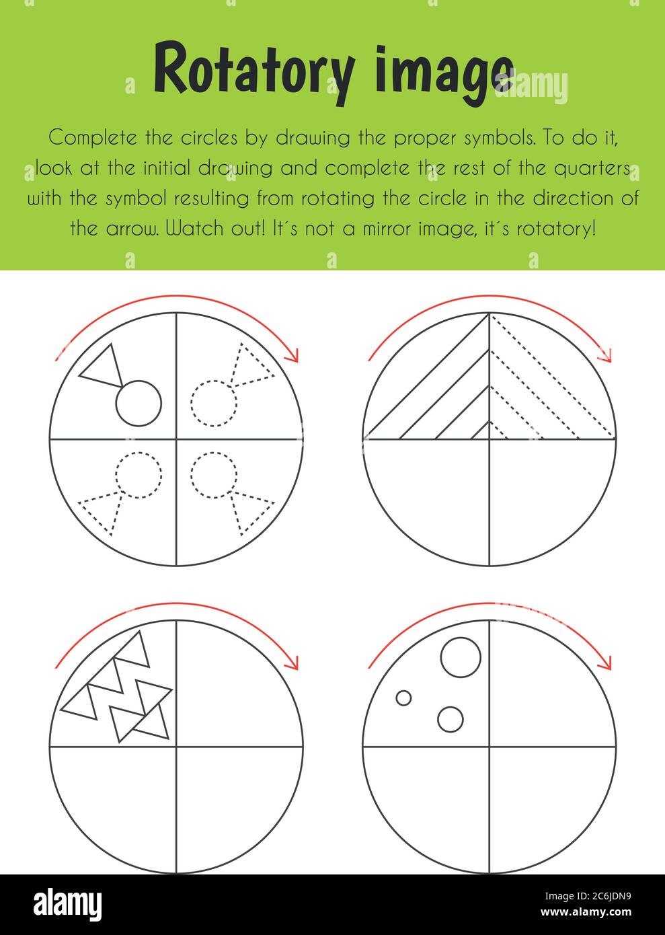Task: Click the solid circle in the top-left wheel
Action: pyautogui.click(x=139, y=404)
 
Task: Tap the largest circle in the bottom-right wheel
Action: pyautogui.click(x=461, y=657)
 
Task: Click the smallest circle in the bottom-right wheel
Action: pyautogui.click(x=403, y=698)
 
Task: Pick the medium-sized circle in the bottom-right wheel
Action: pyautogui.click(x=451, y=719)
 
